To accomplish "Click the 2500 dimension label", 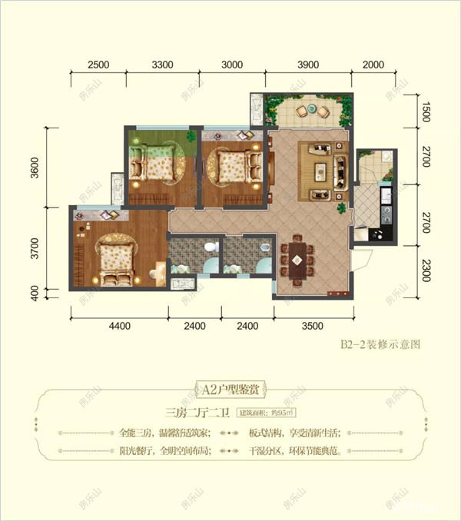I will (98, 64).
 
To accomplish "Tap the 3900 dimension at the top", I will (309, 64).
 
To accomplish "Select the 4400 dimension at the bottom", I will (119, 326).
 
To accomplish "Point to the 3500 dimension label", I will (311, 326).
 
